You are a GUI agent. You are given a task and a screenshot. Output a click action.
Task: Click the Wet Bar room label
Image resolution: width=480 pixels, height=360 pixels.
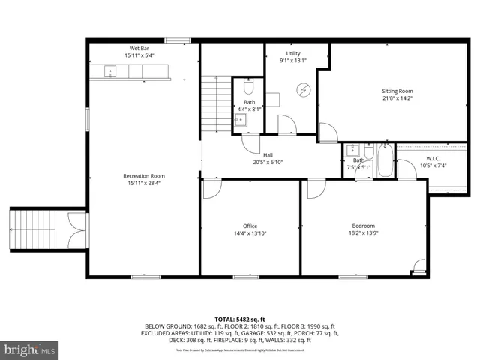point(139,49)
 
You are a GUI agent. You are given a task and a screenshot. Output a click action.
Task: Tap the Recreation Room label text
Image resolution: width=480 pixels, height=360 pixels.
point(144,176)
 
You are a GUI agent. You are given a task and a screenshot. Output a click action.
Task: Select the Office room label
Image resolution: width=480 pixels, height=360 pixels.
point(250,226)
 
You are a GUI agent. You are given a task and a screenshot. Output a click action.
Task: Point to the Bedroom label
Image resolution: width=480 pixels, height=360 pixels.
point(363,226)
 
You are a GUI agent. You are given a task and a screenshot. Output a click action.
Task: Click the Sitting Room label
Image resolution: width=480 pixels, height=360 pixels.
point(397,90)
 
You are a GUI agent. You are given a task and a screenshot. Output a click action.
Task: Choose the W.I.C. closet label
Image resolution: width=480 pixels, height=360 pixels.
point(433,158)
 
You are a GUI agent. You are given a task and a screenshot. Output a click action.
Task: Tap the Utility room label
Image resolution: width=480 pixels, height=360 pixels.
point(293,54)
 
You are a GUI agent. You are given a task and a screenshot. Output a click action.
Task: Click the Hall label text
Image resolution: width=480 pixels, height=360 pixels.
point(268,154)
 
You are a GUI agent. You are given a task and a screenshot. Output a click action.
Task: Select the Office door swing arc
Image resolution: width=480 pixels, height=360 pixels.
point(212,189)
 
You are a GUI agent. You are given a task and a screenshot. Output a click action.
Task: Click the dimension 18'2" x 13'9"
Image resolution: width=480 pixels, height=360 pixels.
point(363,233)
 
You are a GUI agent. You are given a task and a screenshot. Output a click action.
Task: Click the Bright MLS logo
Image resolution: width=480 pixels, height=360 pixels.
point(29,349)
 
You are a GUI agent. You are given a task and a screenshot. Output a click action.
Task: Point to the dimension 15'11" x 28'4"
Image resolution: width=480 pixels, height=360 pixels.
point(144,184)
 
